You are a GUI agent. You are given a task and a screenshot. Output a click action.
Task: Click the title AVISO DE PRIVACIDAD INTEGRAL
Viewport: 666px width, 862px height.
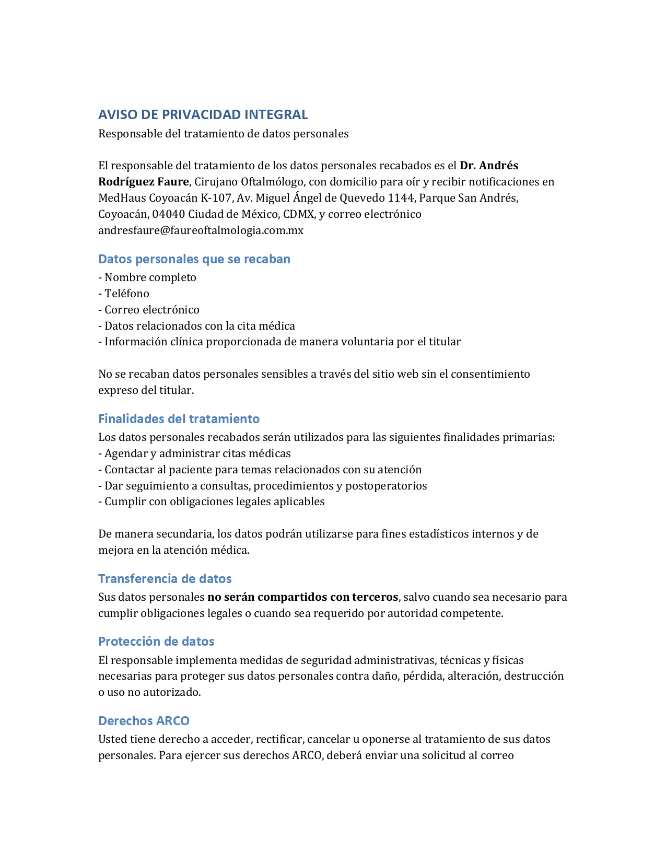tap(203, 114)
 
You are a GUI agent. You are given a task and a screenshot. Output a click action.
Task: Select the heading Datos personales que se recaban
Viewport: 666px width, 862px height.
tap(194, 259)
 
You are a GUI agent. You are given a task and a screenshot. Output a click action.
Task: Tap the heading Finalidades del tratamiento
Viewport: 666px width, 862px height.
tap(179, 419)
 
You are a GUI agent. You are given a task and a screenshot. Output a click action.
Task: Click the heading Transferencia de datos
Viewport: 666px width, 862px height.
tap(165, 579)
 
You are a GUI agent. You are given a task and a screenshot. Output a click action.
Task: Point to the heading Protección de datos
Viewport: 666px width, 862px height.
tap(156, 642)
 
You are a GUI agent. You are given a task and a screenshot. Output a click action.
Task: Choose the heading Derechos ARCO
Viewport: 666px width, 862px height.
tap(144, 721)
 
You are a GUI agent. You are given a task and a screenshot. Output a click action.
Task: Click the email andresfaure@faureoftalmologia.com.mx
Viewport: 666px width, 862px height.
tap(201, 230)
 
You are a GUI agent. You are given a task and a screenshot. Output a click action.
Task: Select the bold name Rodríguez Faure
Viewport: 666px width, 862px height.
tap(143, 182)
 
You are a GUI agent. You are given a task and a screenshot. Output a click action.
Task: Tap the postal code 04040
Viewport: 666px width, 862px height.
tap(168, 214)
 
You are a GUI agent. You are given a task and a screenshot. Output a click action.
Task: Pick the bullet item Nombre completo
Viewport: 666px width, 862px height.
tap(150, 277)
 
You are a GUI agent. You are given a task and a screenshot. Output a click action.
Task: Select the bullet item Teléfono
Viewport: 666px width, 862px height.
tap(127, 294)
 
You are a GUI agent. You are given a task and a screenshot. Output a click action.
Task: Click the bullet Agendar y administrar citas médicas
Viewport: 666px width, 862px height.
tap(197, 453)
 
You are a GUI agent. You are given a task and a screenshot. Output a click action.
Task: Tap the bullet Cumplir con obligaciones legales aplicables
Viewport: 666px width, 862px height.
tap(214, 502)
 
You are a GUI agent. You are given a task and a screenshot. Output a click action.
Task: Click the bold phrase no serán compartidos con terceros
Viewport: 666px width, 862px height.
tap(302, 597)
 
